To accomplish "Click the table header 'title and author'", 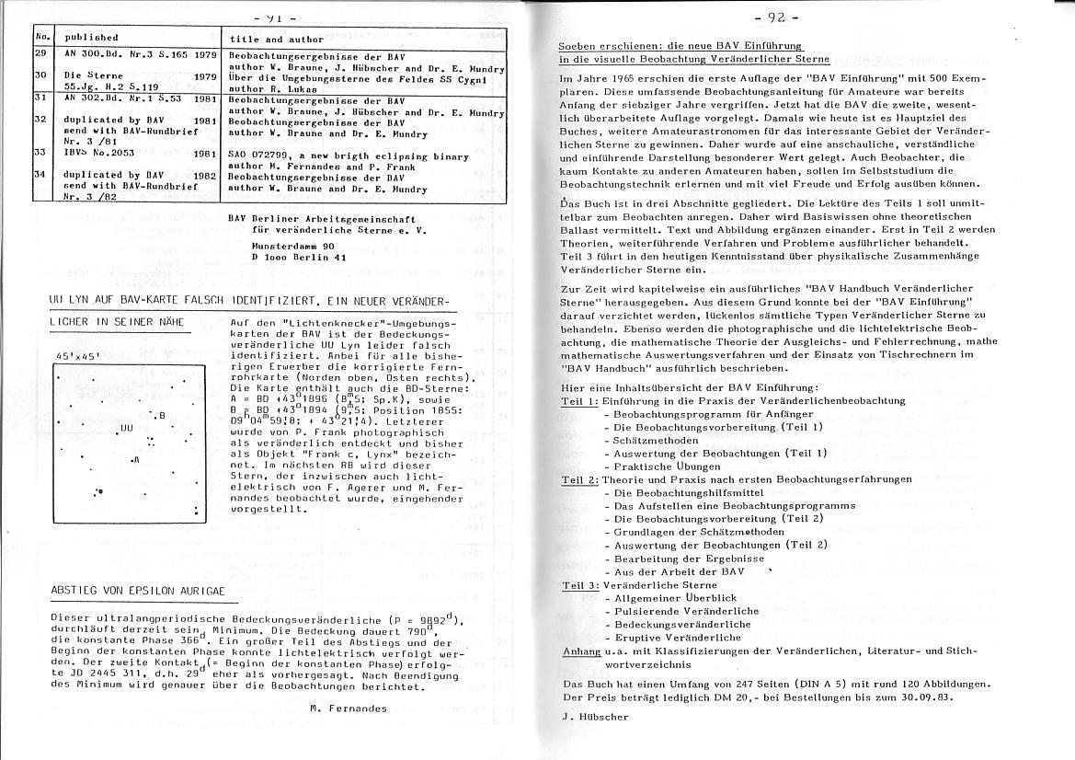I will [276, 40].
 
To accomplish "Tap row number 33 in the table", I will [40, 152].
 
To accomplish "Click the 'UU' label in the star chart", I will [126, 429].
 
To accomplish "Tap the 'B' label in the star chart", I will [161, 416].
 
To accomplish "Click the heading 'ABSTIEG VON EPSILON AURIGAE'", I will [137, 591].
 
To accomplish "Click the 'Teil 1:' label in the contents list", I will [579, 401].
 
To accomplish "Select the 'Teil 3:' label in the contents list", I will [580, 585].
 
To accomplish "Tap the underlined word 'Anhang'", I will [580, 651].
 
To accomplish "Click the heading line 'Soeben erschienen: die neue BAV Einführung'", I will [680, 45].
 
